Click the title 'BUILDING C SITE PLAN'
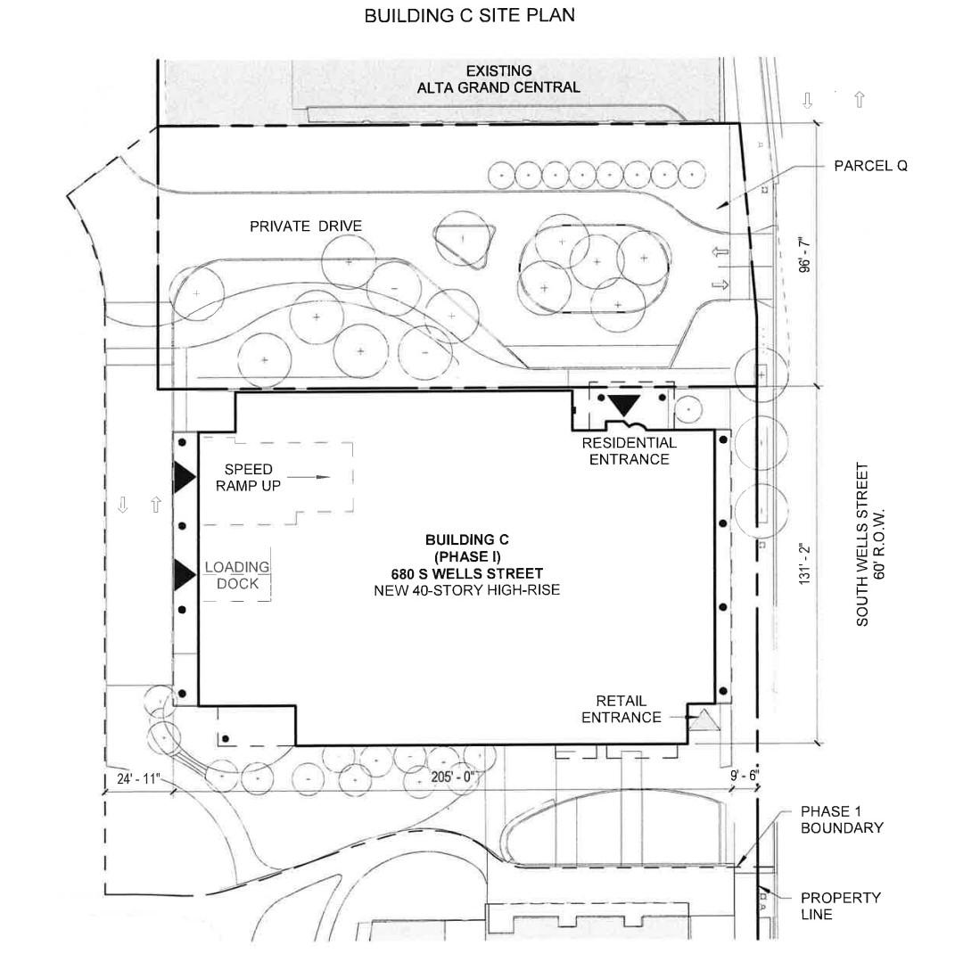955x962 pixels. click(469, 16)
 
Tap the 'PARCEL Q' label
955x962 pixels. click(870, 166)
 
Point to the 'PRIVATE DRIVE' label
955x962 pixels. click(306, 226)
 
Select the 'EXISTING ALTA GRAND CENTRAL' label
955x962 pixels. click(498, 79)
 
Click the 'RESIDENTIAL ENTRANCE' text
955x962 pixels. click(629, 451)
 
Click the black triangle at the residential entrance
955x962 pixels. click(622, 406)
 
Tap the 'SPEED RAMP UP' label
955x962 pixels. click(248, 478)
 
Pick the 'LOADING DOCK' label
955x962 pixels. click(237, 575)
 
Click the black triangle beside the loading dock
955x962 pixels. click(185, 575)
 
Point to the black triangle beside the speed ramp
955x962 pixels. click(185, 478)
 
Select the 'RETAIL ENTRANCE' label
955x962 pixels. click(622, 710)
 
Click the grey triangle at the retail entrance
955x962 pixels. click(704, 719)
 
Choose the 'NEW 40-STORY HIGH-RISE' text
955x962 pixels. click(467, 589)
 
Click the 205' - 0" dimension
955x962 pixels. click(454, 777)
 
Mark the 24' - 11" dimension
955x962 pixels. click(138, 779)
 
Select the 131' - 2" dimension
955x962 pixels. click(806, 563)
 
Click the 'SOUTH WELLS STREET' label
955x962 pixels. click(863, 544)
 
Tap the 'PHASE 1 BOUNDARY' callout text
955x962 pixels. click(841, 819)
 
